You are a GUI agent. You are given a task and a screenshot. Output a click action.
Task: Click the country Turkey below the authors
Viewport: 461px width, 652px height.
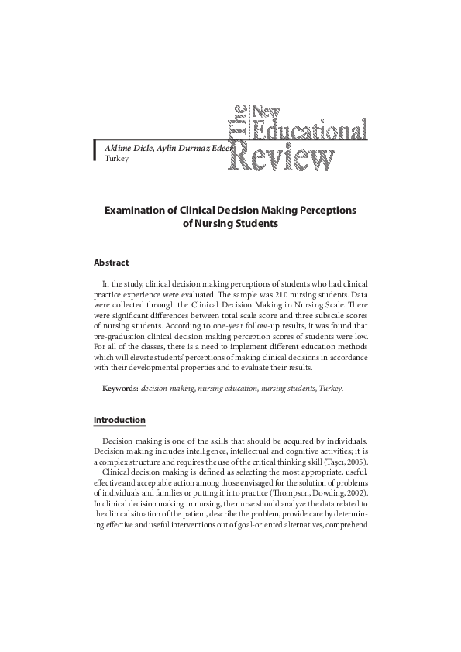pos(105,158)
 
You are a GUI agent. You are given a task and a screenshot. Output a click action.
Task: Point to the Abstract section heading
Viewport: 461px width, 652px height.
pos(111,263)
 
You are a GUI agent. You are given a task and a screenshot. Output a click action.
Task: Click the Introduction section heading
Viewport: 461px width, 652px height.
pos(119,420)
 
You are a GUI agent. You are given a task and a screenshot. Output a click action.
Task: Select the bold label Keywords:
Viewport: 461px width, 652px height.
pos(121,388)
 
